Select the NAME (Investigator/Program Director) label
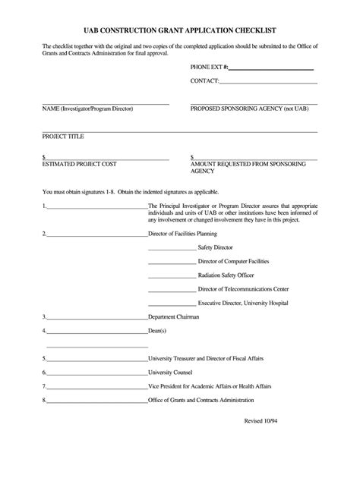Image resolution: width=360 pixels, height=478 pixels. point(87,108)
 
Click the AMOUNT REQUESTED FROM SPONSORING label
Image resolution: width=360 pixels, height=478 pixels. point(248,164)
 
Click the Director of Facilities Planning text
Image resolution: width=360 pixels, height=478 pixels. point(188,234)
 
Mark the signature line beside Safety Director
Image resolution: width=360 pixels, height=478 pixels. point(172,248)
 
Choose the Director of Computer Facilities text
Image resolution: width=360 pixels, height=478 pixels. point(233,262)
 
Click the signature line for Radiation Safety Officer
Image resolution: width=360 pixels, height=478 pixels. point(172,276)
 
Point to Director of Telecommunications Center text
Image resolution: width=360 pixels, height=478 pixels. point(243,290)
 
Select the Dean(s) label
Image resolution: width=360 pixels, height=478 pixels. point(157,332)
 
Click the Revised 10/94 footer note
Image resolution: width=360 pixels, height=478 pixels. point(278,442)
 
